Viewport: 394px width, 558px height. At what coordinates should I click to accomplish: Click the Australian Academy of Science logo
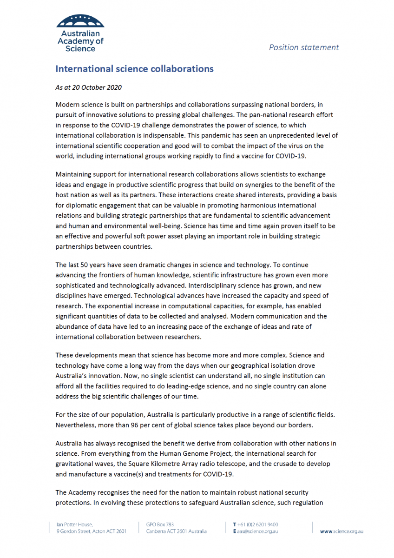80,33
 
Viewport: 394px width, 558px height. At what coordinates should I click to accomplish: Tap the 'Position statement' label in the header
304,47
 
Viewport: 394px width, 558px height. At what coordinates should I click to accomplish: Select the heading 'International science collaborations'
134,69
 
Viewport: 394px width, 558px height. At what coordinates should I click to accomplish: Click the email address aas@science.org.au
258,531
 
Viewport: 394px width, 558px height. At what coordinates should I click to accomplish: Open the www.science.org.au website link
341,531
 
